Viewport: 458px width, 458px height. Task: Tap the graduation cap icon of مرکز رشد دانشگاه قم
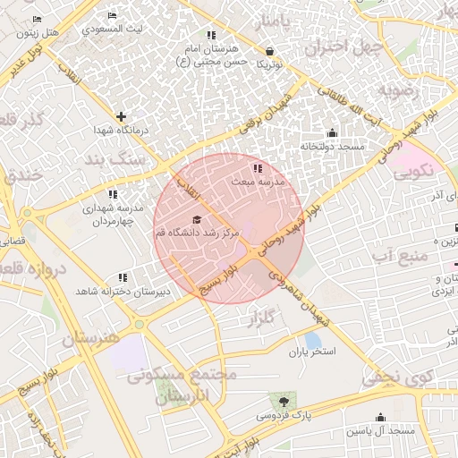tap(197, 220)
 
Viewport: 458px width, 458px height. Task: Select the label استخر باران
tap(311, 352)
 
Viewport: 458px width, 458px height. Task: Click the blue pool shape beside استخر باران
tap(312, 340)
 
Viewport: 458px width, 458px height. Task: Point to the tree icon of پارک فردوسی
tap(284, 401)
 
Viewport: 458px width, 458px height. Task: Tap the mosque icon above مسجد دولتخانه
tap(332, 133)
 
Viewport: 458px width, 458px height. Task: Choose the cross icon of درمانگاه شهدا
tap(122, 116)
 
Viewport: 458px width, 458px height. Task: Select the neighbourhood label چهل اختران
tap(345, 47)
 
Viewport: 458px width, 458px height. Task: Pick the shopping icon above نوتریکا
tap(270, 52)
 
